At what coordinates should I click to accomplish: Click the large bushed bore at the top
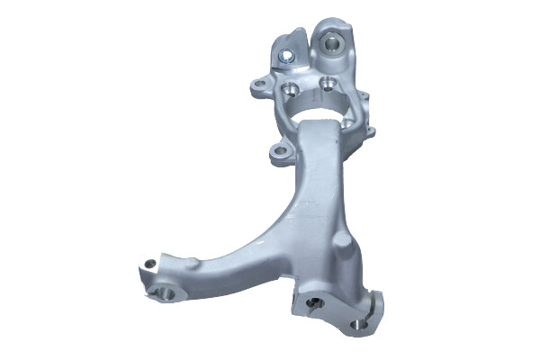pyautogui.click(x=330, y=40)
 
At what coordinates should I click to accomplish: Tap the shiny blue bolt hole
pyautogui.click(x=286, y=57)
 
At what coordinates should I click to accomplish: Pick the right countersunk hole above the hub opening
pyautogui.click(x=328, y=86)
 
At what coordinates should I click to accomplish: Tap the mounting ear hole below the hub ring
pyautogui.click(x=279, y=151)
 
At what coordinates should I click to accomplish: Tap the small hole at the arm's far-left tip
pyautogui.click(x=148, y=264)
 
